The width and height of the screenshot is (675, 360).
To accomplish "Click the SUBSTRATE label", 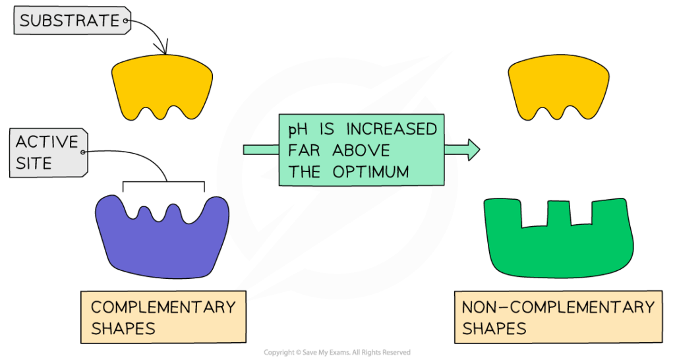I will coord(69,21).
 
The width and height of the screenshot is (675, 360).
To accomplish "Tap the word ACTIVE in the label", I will coord(47,142).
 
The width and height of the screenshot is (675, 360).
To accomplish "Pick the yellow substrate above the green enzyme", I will coord(559,87).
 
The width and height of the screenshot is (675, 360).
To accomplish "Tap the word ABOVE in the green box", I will coord(361,150).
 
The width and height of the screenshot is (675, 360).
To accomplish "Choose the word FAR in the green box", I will coord(305,150).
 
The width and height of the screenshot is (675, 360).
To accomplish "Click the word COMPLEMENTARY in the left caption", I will coord(163,307).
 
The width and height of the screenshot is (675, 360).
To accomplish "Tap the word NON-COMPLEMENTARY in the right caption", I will coord(558,307).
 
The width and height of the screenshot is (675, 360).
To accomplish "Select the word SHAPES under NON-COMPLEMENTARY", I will coord(494,328).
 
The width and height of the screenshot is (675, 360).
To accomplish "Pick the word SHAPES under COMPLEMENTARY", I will coord(123,328).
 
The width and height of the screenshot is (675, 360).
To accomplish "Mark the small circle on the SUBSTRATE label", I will coord(127,21).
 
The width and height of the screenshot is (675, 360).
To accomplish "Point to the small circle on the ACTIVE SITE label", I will coord(83,152).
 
